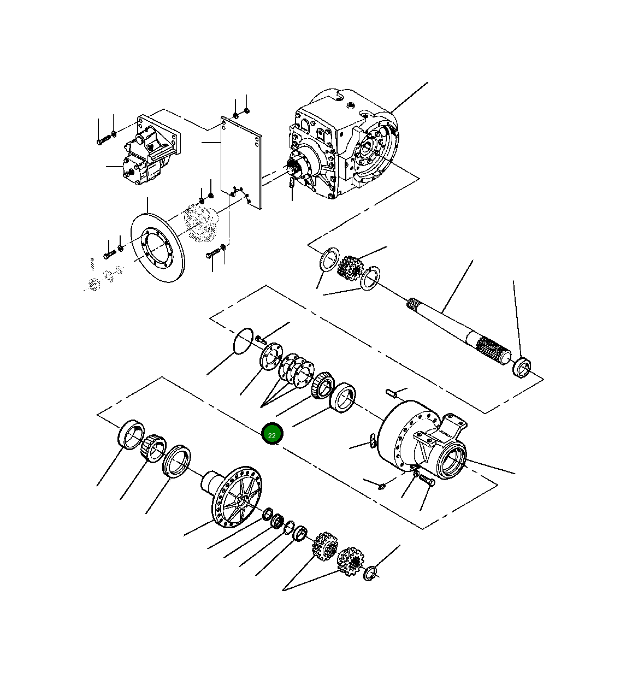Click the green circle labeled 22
pos(272,435)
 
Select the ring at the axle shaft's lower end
pos(522,367)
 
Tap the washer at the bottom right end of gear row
pos(370,573)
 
